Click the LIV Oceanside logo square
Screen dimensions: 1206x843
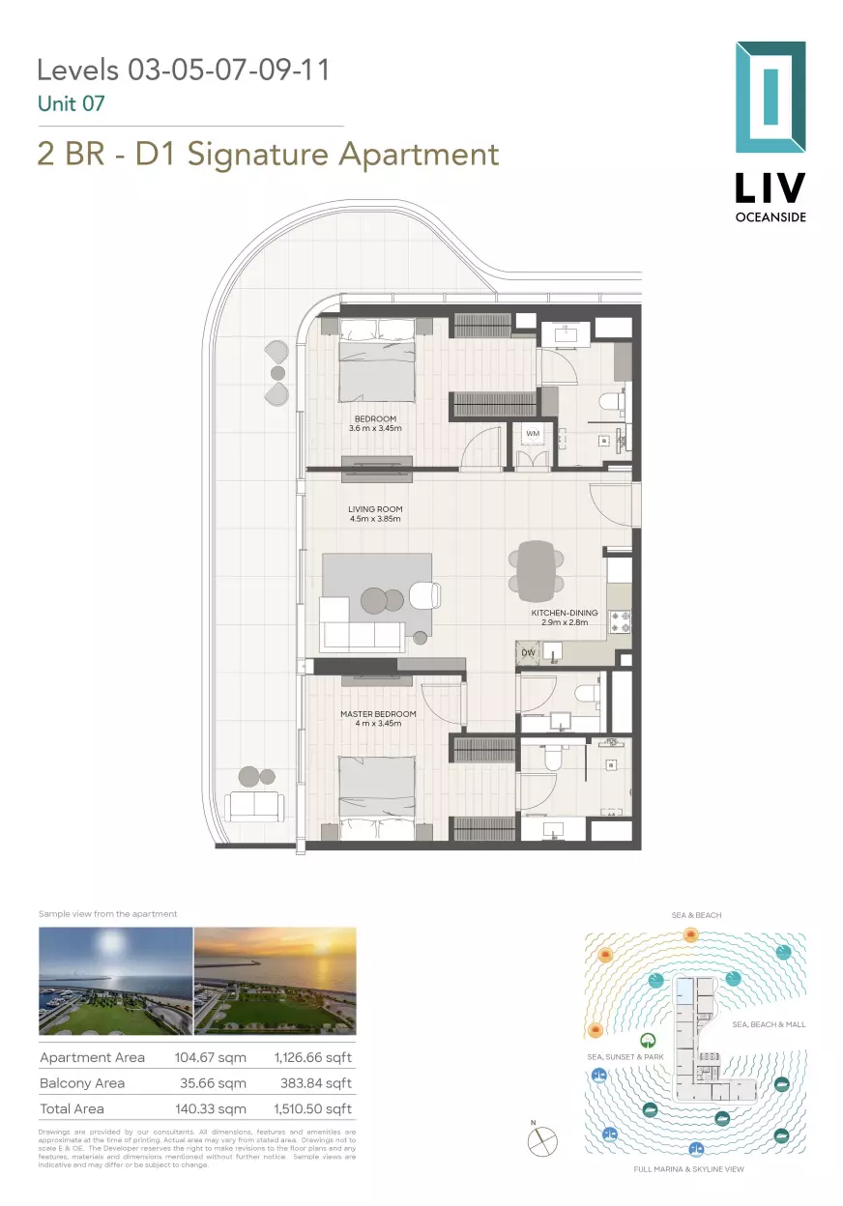point(770,97)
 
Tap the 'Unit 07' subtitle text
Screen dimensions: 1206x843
point(71,103)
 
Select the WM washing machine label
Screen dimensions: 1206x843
point(532,434)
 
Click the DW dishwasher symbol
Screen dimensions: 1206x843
point(527,653)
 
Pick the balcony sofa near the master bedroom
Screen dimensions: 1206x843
point(254,805)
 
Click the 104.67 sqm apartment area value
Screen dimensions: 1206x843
point(210,1057)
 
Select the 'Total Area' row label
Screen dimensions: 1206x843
point(72,1108)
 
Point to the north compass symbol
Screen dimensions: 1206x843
point(542,1141)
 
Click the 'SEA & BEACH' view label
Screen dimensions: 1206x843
point(696,915)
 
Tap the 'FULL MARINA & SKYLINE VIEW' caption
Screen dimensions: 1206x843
point(688,1169)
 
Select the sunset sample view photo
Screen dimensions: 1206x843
point(276,981)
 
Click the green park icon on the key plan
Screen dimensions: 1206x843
point(651,1040)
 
